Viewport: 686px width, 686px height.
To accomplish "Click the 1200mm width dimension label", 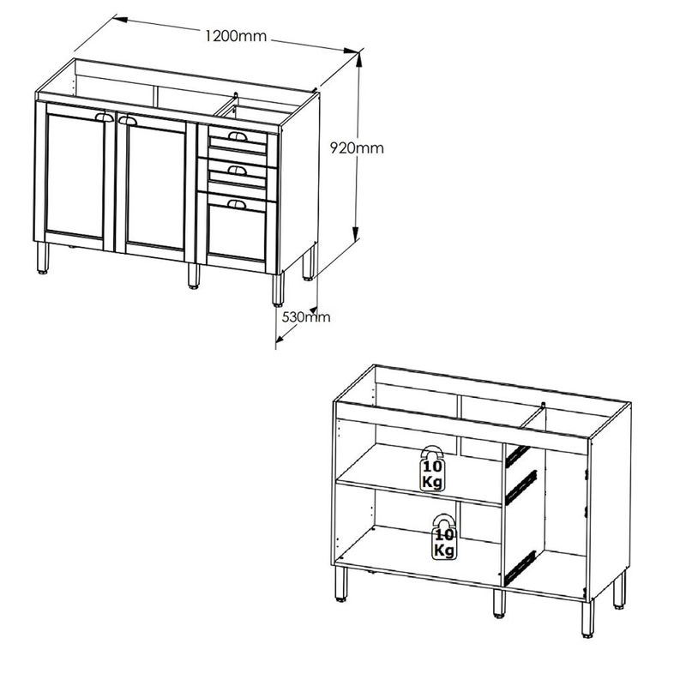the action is [x=236, y=36].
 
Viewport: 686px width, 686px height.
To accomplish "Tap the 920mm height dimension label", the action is [x=357, y=148].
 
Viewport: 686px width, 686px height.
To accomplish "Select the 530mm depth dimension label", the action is [x=306, y=316].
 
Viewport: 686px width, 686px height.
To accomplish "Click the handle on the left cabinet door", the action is [x=104, y=117].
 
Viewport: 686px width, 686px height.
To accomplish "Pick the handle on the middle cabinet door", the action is [x=127, y=121].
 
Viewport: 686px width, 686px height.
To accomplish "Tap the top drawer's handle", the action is [x=238, y=136].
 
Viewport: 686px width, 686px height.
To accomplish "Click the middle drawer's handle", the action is [x=238, y=170].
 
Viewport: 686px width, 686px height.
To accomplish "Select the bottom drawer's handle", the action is [x=237, y=204].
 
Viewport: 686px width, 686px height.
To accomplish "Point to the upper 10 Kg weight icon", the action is [x=432, y=468].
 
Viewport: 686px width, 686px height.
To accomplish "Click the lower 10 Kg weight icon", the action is [x=444, y=538].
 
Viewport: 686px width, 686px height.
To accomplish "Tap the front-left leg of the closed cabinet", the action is [x=42, y=258].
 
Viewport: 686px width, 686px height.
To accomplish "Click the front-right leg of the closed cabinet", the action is [x=278, y=290].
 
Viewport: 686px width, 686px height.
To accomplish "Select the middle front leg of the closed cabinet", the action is [x=194, y=275].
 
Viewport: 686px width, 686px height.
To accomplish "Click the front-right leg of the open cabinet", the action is [x=587, y=618].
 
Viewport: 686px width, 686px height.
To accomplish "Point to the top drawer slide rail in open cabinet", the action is [x=518, y=455].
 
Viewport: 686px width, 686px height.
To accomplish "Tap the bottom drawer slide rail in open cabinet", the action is [x=521, y=567].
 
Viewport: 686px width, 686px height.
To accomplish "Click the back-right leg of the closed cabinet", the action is [x=309, y=263].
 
